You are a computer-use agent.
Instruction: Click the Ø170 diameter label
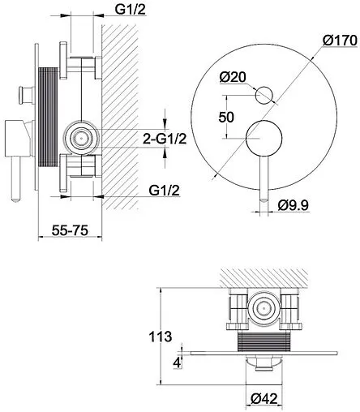340,41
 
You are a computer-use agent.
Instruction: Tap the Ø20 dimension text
233,77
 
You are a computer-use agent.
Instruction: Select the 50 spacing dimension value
226,118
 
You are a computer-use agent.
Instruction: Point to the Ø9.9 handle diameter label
294,206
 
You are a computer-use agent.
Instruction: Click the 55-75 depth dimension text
70,230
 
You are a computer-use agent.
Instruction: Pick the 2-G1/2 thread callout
165,139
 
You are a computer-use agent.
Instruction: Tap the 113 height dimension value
161,337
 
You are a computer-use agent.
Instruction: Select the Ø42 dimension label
264,399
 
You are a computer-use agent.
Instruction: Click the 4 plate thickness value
177,363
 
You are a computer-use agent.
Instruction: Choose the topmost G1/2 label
131,10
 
